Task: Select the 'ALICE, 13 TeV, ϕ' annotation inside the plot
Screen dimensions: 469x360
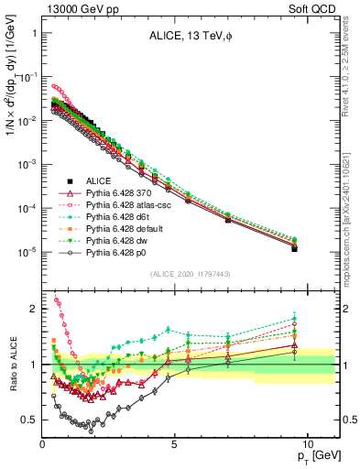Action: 191,37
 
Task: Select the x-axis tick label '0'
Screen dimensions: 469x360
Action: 43,443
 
